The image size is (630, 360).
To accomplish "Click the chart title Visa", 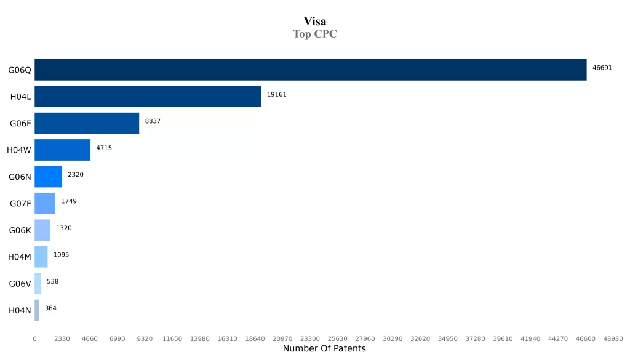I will pos(314,22).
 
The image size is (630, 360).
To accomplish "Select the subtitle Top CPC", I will pos(314,34).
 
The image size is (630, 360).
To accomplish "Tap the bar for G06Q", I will pos(310,70).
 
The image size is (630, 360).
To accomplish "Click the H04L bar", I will pos(148,97).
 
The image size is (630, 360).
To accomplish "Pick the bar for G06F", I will pos(87,123).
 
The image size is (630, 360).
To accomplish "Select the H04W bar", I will pos(62,150).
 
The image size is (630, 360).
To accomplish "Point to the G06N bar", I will pos(48,177).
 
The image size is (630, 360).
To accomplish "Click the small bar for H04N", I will pos(37,310).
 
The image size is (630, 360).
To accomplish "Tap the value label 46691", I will pos(602,68).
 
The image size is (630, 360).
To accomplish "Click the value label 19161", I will pos(276,95).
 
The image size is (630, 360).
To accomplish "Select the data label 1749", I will pos(69,201).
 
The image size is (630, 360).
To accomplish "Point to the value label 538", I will pos(52,281).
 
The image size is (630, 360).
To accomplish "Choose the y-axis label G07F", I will pos(20,204).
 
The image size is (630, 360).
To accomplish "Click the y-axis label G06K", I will pos(20,230).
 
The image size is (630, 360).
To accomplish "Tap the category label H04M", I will pos(20,257).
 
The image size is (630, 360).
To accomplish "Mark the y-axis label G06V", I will pos(20,284).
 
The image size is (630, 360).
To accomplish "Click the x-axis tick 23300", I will pos(309,339).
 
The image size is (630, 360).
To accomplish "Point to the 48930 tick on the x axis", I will pos(613,339).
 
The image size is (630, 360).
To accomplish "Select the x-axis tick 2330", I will pos(62,339).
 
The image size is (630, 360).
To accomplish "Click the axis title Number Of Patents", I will pos(324,349).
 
